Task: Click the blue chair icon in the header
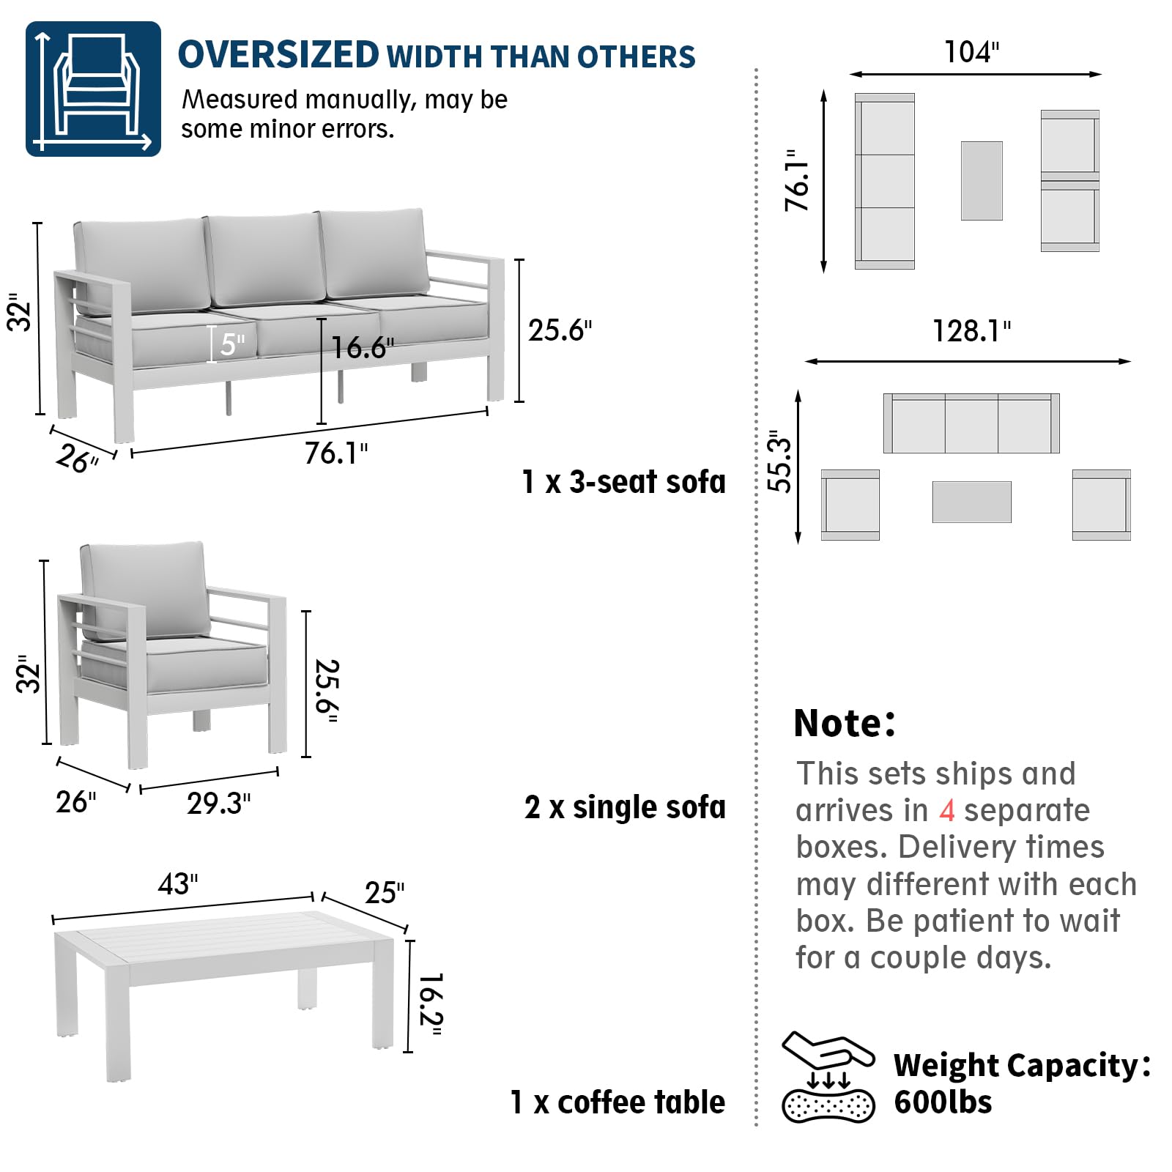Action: pyautogui.click(x=93, y=89)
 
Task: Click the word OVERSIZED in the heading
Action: pyautogui.click(x=278, y=56)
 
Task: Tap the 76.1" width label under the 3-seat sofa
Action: pyautogui.click(x=336, y=453)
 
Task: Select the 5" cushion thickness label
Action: pyautogui.click(x=232, y=344)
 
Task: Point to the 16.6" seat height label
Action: pyautogui.click(x=363, y=348)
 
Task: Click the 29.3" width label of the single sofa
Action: pyautogui.click(x=218, y=804)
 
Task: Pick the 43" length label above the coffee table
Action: pyautogui.click(x=178, y=884)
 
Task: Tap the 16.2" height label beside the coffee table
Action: pyautogui.click(x=431, y=1004)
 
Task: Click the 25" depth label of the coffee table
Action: pyautogui.click(x=385, y=892)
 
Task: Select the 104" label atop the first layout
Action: pyautogui.click(x=971, y=52)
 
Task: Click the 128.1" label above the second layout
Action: pyautogui.click(x=971, y=331)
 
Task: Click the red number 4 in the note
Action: pyautogui.click(x=946, y=811)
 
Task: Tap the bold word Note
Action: pyautogui.click(x=844, y=723)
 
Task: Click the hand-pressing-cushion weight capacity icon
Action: pyautogui.click(x=828, y=1077)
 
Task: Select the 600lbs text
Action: pyautogui.click(x=943, y=1102)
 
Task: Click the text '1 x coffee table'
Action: pyautogui.click(x=617, y=1102)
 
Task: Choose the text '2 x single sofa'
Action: pyautogui.click(x=625, y=807)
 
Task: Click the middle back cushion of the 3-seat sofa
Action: pyautogui.click(x=264, y=259)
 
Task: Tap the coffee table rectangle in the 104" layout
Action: pyautogui.click(x=982, y=181)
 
